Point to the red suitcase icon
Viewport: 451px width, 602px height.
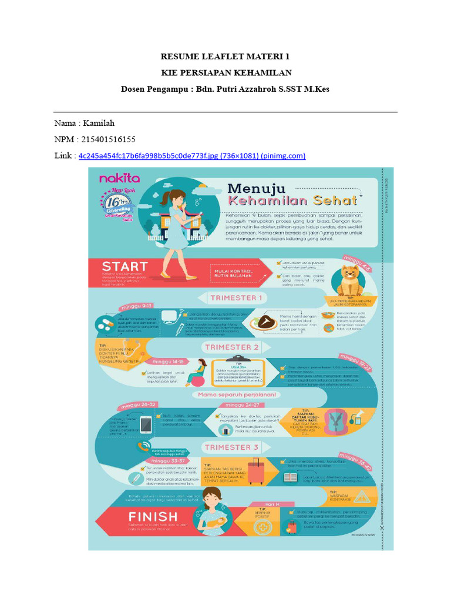pos(256,471)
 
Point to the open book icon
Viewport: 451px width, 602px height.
pos(292,476)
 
